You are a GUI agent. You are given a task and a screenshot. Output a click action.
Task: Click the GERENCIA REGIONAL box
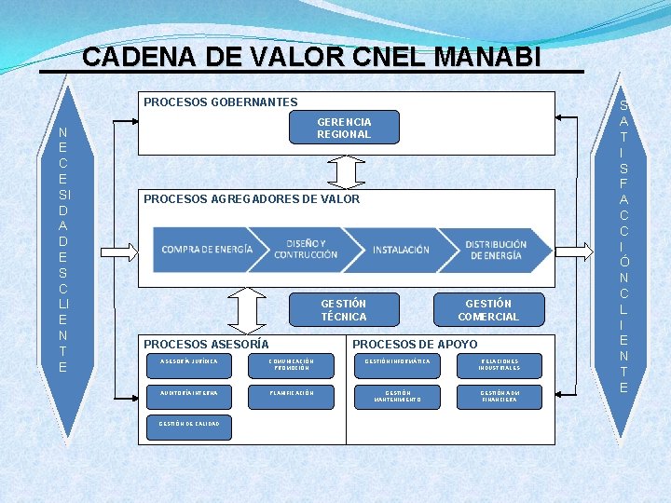point(344,128)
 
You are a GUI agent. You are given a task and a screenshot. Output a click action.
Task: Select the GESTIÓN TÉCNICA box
point(344,310)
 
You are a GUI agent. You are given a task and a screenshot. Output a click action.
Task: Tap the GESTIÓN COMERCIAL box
point(488,310)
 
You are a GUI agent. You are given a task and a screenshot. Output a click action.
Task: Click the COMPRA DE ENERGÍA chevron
point(207,249)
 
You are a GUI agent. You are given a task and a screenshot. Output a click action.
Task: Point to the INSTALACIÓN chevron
point(401,250)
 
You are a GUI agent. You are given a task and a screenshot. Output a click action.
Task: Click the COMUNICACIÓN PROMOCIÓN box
point(290,364)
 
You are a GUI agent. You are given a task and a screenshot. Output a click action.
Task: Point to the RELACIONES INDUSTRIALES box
point(500,364)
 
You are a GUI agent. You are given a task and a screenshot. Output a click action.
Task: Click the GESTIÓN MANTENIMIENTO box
point(399,397)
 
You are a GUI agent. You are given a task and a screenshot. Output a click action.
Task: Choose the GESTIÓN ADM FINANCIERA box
point(500,397)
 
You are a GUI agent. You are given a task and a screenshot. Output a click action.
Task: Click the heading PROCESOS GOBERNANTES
point(221,102)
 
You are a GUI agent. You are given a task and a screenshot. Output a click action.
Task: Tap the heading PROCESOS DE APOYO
point(415,345)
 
